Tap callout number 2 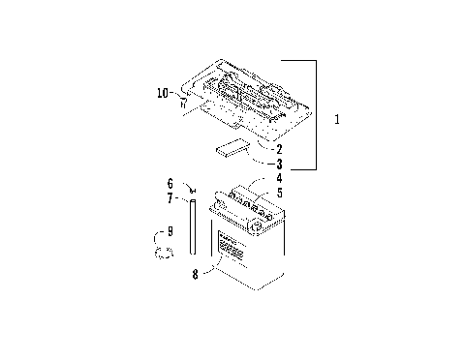pos(278,149)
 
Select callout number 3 pos(278,164)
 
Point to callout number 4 pos(278,178)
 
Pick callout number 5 pos(278,193)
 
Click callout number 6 pos(170,183)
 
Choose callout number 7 pos(170,197)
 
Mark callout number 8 pos(195,274)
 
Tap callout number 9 pos(170,231)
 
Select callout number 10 pos(162,93)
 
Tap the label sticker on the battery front pos(232,249)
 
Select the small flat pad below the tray pos(231,148)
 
